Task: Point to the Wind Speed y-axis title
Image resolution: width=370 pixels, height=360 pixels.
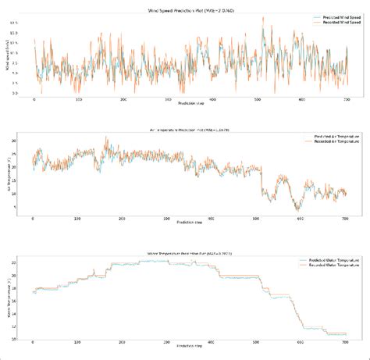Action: (7, 55)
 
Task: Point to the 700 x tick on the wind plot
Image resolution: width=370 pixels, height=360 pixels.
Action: (346, 100)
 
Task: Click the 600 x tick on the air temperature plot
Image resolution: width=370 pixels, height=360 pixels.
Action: (301, 219)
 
